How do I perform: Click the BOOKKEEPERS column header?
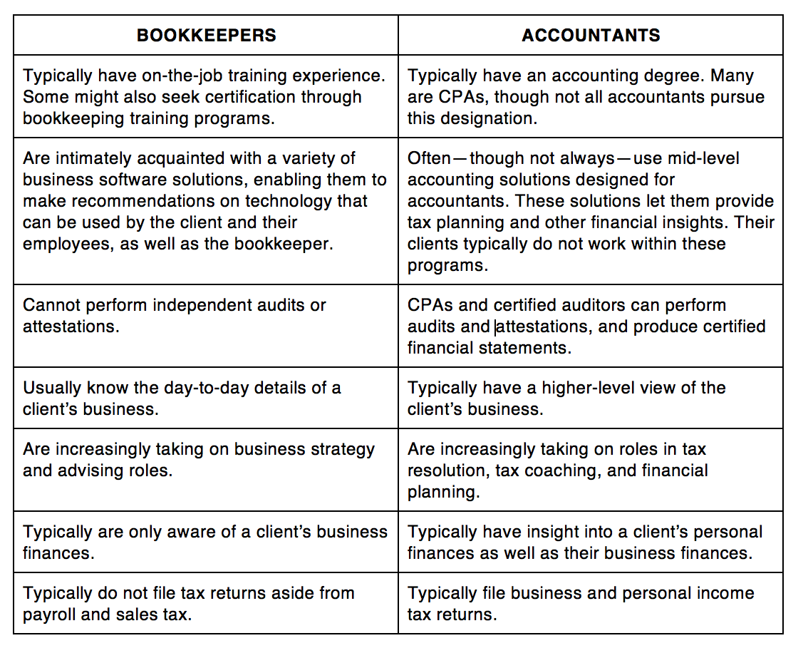pyautogui.click(x=206, y=36)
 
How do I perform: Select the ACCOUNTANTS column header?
pyautogui.click(x=591, y=36)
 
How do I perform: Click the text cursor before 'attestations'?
pyautogui.click(x=495, y=326)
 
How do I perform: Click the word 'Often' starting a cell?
pyautogui.click(x=429, y=158)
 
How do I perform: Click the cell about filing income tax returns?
pyautogui.click(x=590, y=603)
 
